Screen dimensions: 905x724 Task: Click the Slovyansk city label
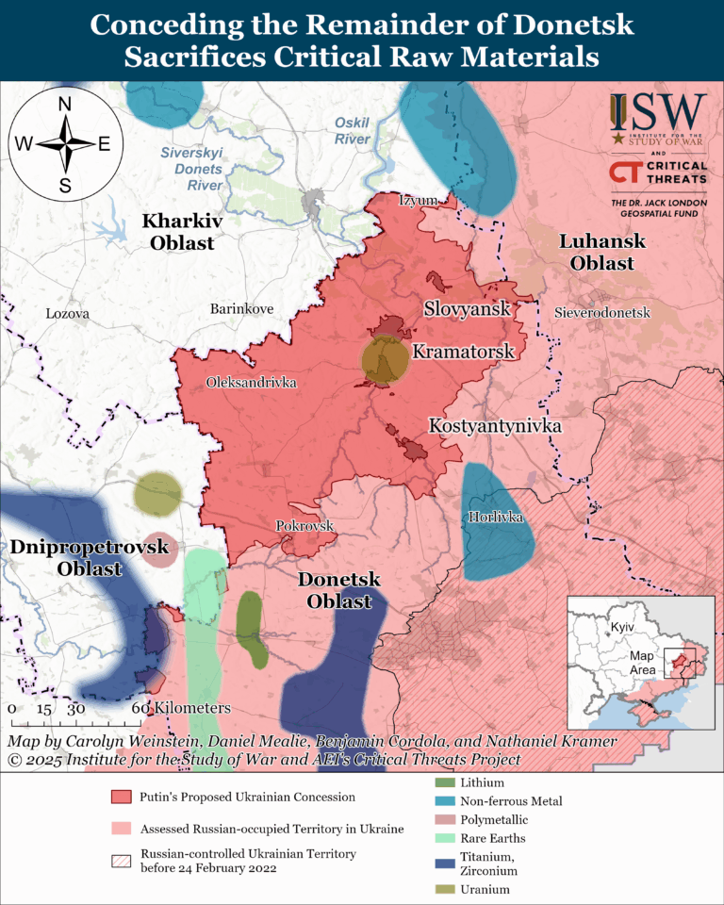coord(467,308)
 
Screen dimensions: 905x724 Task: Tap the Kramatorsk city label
coord(463,352)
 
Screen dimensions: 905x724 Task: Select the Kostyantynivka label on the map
coord(495,426)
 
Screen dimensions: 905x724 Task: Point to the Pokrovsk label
coord(305,526)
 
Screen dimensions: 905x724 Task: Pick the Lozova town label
coord(67,313)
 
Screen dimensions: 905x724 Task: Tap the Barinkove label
coord(240,308)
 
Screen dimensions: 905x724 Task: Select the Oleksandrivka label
coord(251,383)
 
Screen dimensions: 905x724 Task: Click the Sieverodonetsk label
coord(602,311)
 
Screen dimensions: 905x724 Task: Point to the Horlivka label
coord(495,517)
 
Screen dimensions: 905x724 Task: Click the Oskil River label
coord(353,131)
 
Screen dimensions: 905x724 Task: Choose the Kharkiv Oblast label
coord(178,232)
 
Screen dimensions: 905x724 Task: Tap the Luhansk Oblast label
coord(602,252)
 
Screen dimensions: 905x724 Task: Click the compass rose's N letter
coord(65,104)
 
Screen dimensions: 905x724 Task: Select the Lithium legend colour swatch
coord(439,782)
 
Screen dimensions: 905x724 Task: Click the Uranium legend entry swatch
coord(439,889)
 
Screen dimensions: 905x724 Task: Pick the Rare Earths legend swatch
coord(439,837)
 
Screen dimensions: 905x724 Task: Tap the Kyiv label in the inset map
coord(620,628)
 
